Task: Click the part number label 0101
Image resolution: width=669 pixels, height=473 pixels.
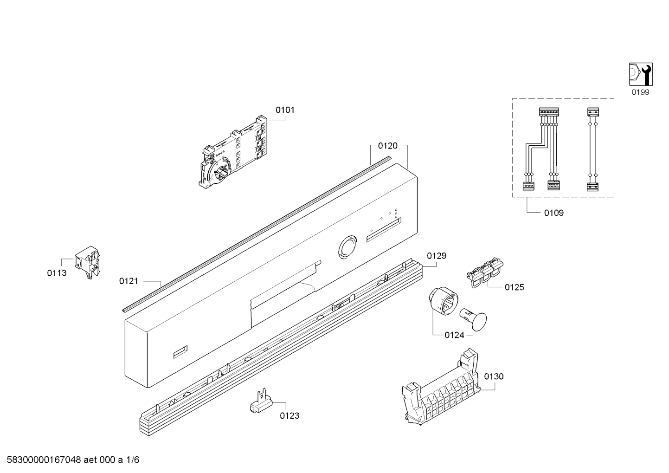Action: (x=285, y=110)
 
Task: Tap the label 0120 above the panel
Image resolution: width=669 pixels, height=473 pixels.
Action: (x=388, y=146)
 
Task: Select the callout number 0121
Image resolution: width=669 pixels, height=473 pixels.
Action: (x=129, y=281)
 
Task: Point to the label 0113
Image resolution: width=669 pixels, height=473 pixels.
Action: (x=57, y=273)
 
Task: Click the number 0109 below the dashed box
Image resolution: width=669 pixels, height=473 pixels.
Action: (x=554, y=213)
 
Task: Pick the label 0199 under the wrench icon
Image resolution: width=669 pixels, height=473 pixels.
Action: (x=640, y=92)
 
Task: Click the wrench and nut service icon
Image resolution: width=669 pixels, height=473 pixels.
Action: (x=641, y=74)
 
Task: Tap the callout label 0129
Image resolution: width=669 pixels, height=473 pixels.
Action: (x=437, y=256)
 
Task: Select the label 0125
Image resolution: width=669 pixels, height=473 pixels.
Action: (x=515, y=287)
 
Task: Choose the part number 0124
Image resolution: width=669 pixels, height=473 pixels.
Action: (x=454, y=335)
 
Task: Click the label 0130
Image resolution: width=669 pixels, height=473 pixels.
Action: (x=494, y=376)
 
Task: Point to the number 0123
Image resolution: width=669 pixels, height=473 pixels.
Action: (x=289, y=415)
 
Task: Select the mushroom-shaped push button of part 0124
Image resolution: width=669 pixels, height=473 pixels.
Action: (x=474, y=320)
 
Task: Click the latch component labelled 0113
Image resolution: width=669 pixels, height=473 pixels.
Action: (x=87, y=262)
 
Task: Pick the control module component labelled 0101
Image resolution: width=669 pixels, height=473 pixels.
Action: (x=233, y=152)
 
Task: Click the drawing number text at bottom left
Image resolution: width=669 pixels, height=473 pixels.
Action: (x=73, y=460)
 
